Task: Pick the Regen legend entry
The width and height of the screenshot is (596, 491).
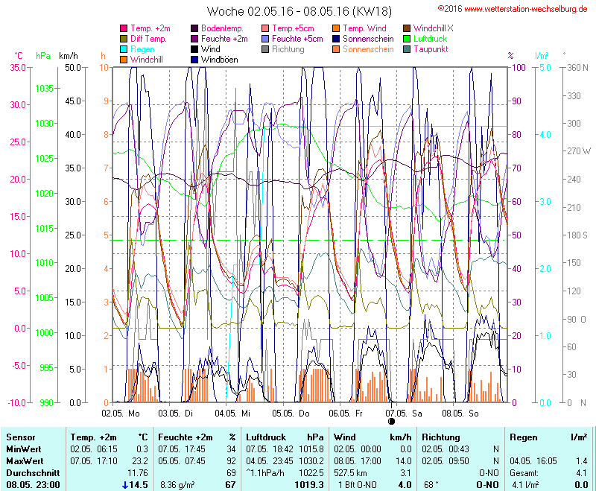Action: [142, 49]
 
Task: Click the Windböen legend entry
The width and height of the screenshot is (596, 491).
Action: [219, 60]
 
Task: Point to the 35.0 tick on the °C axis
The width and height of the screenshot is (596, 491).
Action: [16, 67]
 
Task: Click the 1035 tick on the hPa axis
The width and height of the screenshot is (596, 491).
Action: [45, 88]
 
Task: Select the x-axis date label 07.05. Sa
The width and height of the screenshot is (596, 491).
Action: [409, 412]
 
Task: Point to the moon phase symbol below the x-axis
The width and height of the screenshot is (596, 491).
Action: [392, 422]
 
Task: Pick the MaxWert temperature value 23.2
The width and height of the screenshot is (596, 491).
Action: [139, 461]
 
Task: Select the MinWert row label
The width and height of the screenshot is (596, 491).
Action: [24, 449]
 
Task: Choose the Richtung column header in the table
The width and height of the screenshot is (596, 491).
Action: [440, 437]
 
